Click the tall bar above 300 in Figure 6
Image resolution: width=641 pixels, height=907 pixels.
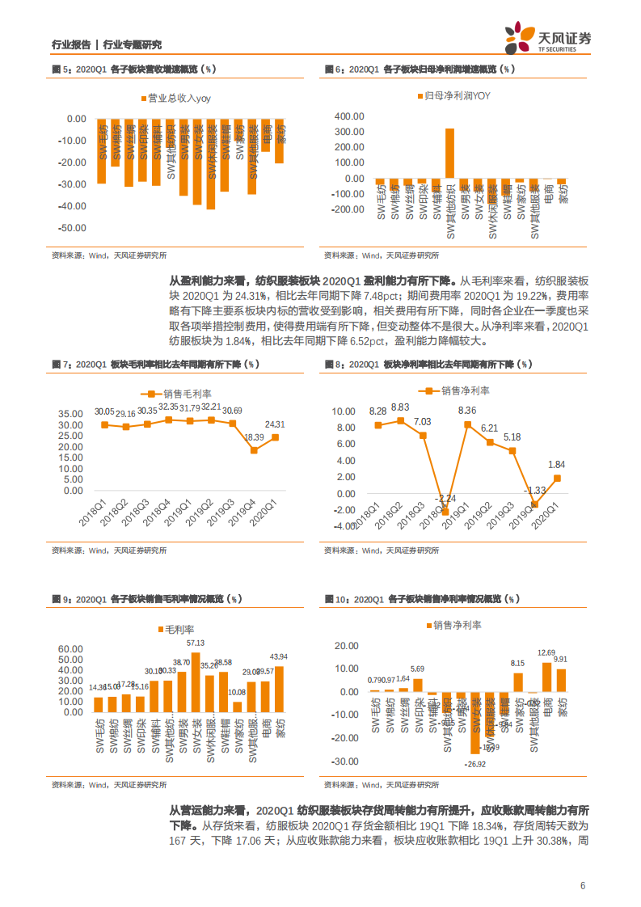(x=449, y=154)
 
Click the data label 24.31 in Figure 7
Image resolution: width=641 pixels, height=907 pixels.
(x=275, y=424)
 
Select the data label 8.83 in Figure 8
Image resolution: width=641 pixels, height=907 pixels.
(x=399, y=407)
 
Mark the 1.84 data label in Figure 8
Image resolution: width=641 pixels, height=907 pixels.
(x=556, y=464)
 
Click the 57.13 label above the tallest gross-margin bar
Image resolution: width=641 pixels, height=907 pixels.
(x=196, y=643)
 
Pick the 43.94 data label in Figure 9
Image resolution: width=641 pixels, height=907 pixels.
(x=280, y=656)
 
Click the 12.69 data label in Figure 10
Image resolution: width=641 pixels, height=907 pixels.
(x=546, y=652)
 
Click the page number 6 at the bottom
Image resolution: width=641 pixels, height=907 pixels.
(x=582, y=885)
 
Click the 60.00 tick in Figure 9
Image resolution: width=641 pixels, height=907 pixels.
(x=73, y=649)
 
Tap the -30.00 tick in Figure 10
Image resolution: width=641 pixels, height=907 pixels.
(x=346, y=761)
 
